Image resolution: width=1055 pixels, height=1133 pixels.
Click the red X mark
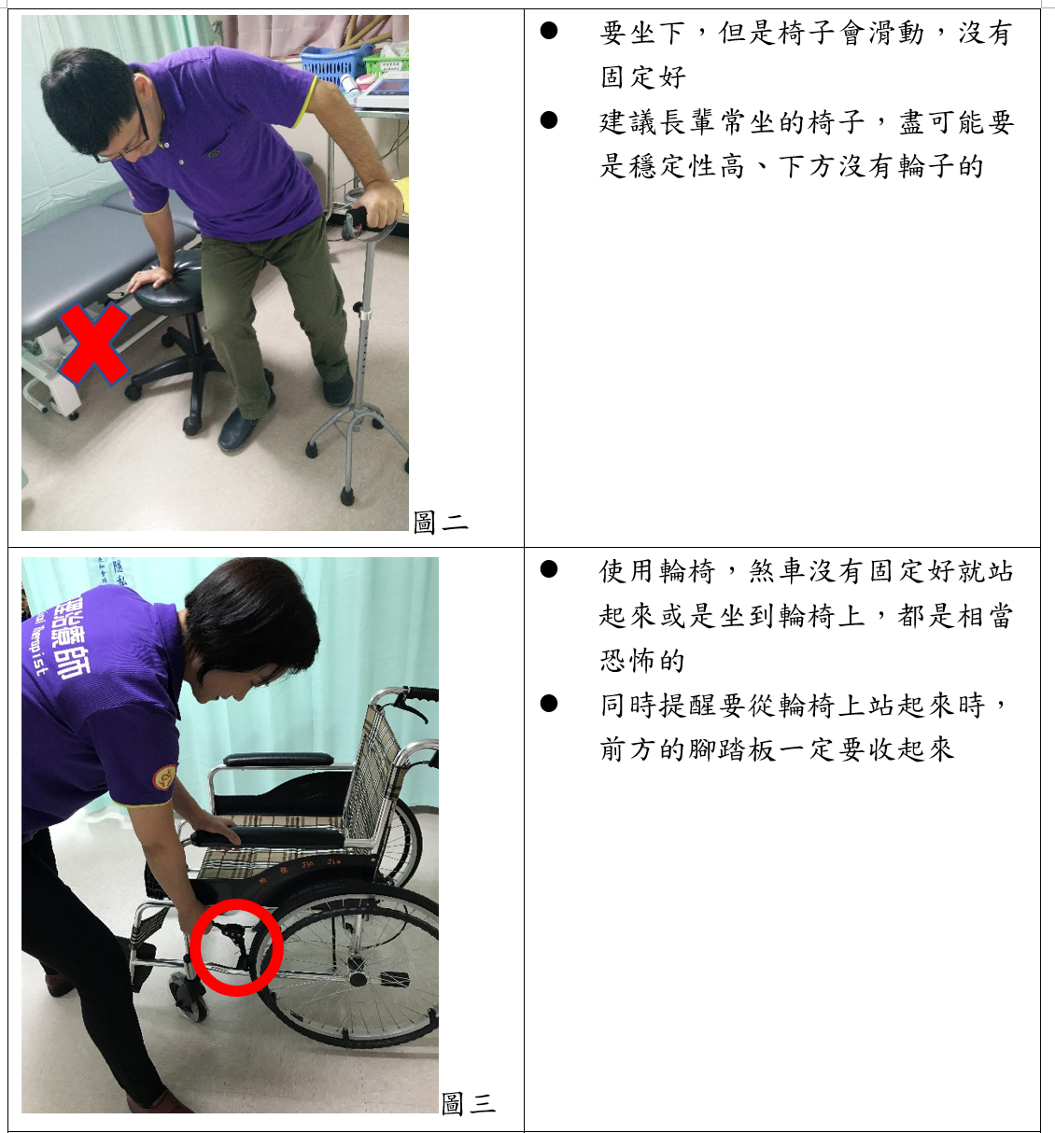(94, 344)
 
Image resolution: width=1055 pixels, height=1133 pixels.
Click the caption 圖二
(440, 522)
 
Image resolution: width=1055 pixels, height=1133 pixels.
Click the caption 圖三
(468, 1103)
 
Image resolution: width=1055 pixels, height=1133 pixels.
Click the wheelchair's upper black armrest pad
(278, 760)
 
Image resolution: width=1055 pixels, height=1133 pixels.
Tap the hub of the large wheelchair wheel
(358, 980)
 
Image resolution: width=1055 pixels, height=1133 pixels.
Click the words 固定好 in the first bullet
(643, 77)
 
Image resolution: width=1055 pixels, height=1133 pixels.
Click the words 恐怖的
(642, 660)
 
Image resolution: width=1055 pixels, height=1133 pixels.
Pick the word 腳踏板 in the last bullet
(732, 749)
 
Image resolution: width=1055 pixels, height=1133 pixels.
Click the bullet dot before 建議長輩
(549, 119)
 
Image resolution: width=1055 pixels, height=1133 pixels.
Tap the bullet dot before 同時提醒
(549, 704)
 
